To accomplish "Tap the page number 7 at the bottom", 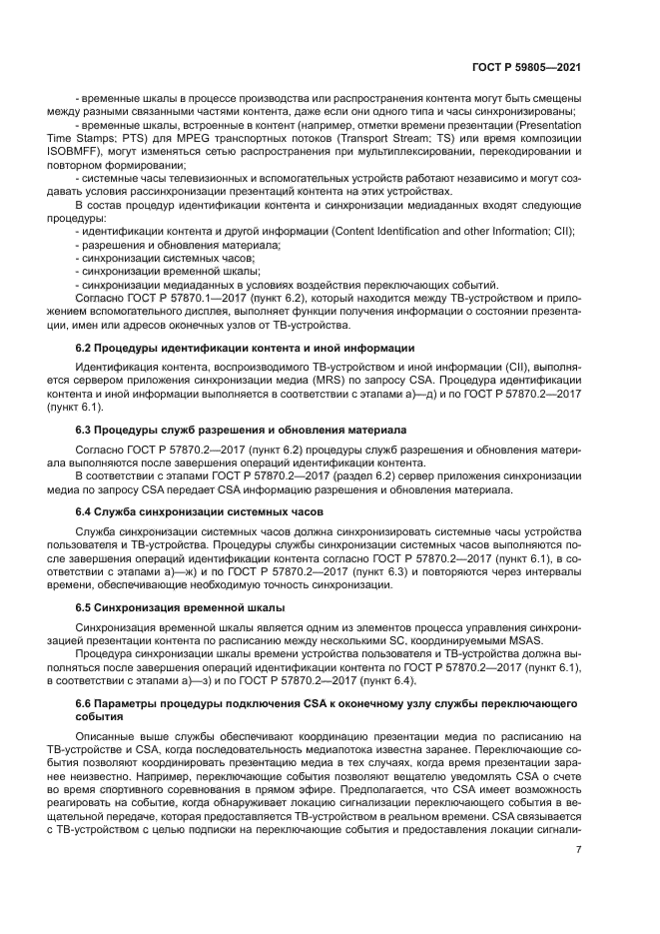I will click(579, 850).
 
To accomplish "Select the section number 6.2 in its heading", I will click(85, 348).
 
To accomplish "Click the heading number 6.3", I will click(85, 430).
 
